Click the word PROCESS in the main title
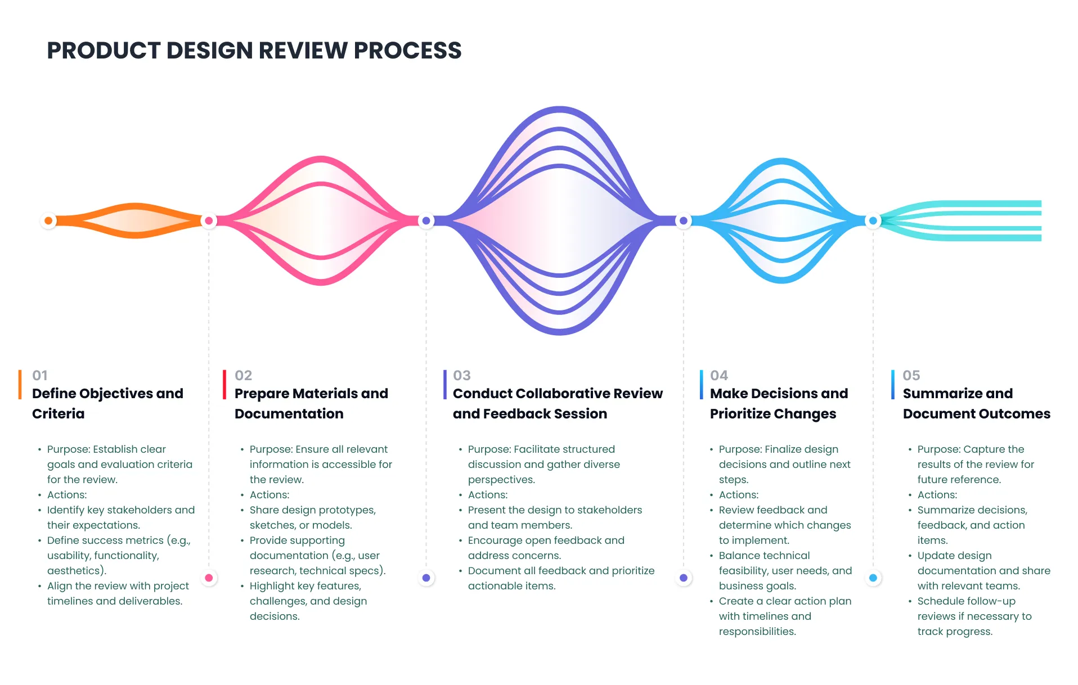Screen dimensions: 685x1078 pyautogui.click(x=407, y=51)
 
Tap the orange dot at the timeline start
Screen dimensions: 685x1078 pyautogui.click(x=48, y=220)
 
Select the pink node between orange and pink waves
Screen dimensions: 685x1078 pyautogui.click(x=209, y=220)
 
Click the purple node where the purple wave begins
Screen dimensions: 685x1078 pyautogui.click(x=426, y=220)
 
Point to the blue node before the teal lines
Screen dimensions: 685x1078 pyautogui.click(x=873, y=220)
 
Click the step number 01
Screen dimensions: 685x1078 pyautogui.click(x=40, y=375)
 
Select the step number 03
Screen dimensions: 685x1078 pyautogui.click(x=461, y=375)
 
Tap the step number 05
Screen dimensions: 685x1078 pyautogui.click(x=911, y=375)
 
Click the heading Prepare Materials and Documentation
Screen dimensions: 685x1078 pyautogui.click(x=311, y=403)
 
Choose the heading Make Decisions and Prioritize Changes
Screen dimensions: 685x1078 pyautogui.click(x=778, y=403)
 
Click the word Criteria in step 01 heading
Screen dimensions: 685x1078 pyautogui.click(x=58, y=414)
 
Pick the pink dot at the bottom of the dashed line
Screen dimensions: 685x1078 pyautogui.click(x=209, y=578)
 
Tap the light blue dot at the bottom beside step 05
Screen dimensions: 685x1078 pyautogui.click(x=873, y=578)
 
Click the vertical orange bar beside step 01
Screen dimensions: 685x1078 pyautogui.click(x=20, y=385)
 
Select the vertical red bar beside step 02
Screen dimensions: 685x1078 pyautogui.click(x=224, y=385)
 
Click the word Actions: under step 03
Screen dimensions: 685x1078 pyautogui.click(x=487, y=495)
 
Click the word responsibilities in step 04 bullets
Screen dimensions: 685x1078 pyautogui.click(x=757, y=632)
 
